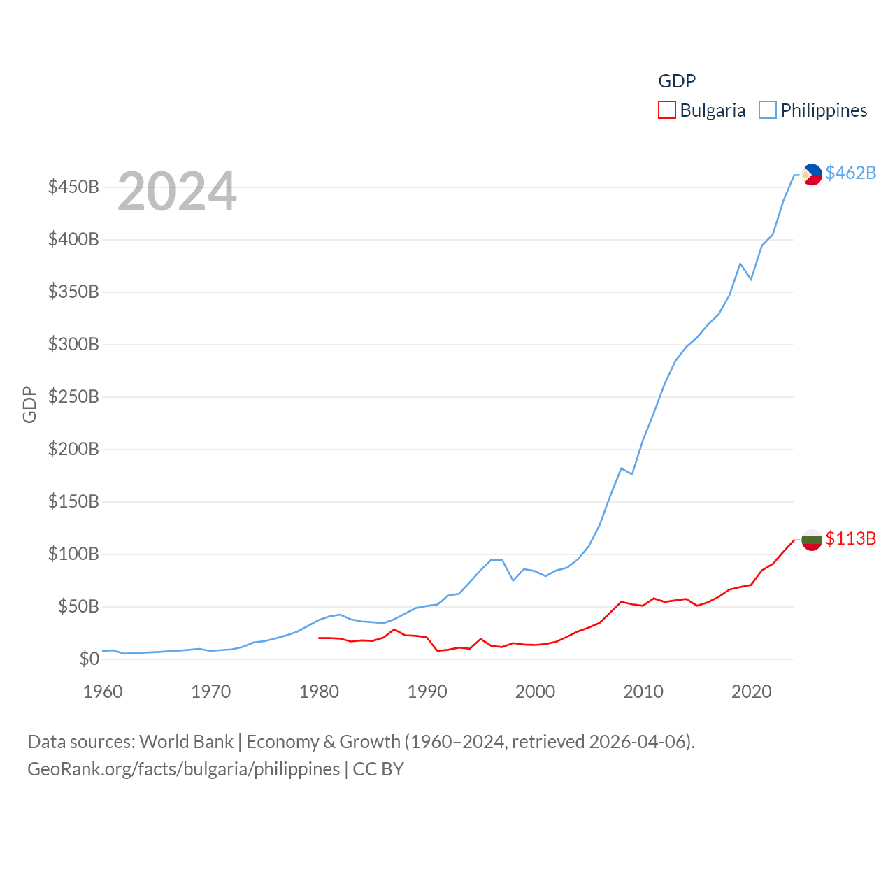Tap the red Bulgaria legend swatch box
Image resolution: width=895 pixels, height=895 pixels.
[x=667, y=110]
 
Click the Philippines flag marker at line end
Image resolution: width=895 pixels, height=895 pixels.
[x=812, y=174]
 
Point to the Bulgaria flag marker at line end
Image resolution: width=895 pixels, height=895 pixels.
[x=812, y=540]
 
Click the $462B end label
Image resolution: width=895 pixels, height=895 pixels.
[x=850, y=173]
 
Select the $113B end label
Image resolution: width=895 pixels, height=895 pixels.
[x=850, y=538]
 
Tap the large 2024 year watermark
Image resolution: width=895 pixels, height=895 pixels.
[x=177, y=192]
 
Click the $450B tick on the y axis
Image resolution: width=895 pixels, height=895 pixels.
[x=73, y=187]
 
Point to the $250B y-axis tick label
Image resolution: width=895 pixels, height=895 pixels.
[x=73, y=397]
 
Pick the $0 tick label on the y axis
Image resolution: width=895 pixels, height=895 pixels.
[x=89, y=659]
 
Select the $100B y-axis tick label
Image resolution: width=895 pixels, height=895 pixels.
[x=73, y=554]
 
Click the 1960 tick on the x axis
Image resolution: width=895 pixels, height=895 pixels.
[x=103, y=692]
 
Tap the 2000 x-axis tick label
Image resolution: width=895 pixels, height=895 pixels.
[x=535, y=692]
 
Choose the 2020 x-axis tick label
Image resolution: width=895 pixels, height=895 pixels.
[x=751, y=692]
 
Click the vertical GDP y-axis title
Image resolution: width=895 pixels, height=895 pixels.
[x=29, y=404]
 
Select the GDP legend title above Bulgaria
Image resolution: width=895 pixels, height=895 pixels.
[x=677, y=81]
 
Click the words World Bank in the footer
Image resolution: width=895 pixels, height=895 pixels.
[x=187, y=741]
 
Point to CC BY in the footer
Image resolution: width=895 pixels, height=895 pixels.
[x=378, y=769]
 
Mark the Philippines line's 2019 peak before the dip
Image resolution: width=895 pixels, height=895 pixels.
[x=740, y=264]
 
